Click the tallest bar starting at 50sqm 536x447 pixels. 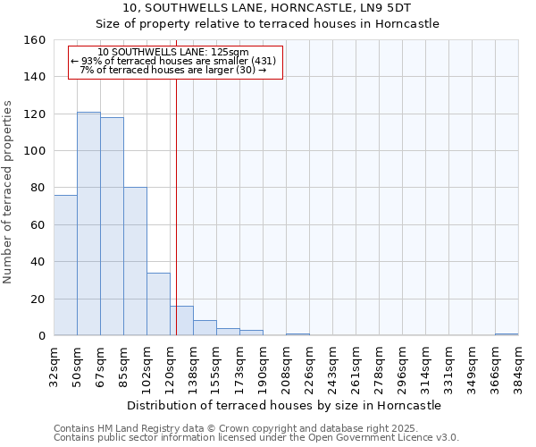coord(88,223)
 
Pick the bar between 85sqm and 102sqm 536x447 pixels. coord(135,261)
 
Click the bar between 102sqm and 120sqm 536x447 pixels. coord(158,304)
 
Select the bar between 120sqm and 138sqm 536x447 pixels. coord(181,321)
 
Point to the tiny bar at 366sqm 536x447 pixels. coord(507,334)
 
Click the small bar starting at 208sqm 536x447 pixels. coord(297,334)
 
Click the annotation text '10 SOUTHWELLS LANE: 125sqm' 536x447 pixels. coord(173,52)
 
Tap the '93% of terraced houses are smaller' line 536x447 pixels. coord(173,61)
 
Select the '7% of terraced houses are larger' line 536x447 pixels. coord(173,70)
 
